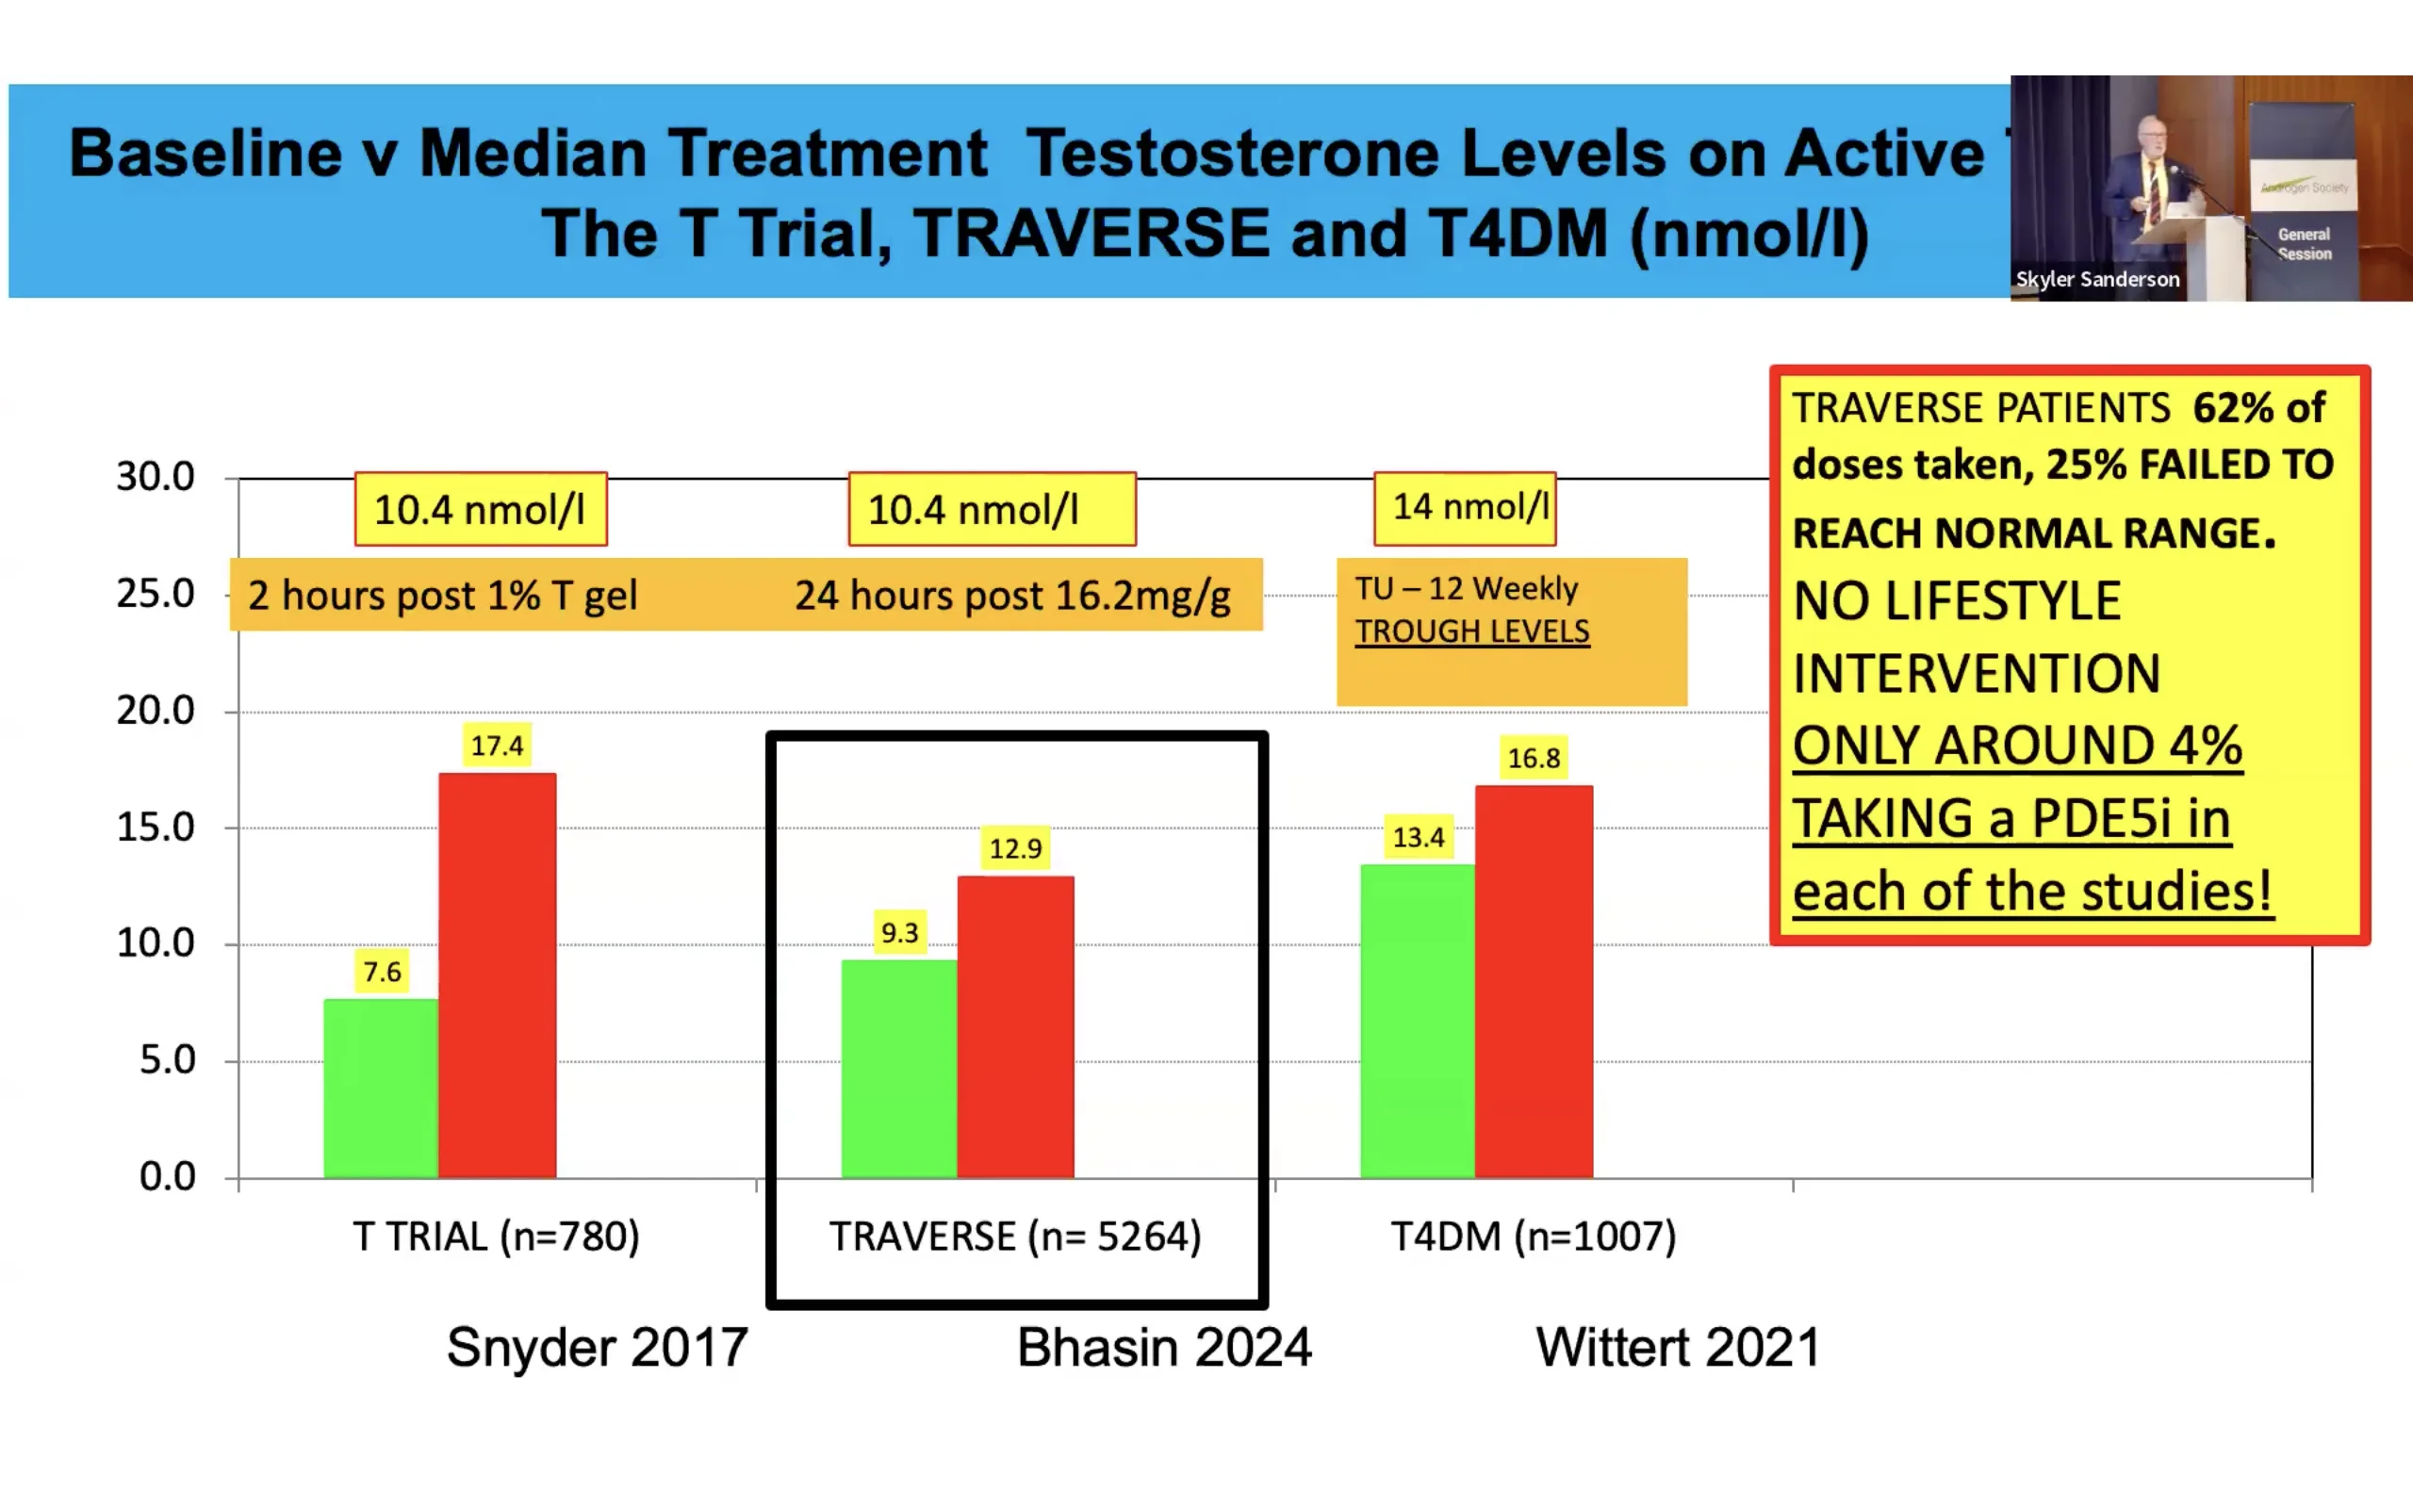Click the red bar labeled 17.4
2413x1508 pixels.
[497, 975]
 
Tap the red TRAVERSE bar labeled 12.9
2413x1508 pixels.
[1015, 1027]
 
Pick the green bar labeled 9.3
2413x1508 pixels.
[898, 1068]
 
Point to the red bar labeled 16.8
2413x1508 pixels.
[1534, 981]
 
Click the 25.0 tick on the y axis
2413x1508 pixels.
[156, 595]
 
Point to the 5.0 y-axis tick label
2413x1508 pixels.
[167, 1060]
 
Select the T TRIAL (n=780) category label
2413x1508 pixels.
[496, 1237]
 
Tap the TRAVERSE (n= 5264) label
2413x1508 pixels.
[1015, 1237]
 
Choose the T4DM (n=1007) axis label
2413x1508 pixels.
[1533, 1237]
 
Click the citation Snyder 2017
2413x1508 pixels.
[597, 1348]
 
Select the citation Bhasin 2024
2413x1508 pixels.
[1164, 1348]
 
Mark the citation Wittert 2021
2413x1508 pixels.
[1677, 1348]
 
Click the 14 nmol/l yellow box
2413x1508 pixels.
[1465, 508]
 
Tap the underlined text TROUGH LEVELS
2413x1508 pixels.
[1471, 631]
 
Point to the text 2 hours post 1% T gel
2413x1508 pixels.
[442, 596]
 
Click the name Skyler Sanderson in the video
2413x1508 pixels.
[2097, 279]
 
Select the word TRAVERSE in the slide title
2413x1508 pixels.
[1091, 234]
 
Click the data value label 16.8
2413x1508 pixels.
[1534, 758]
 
